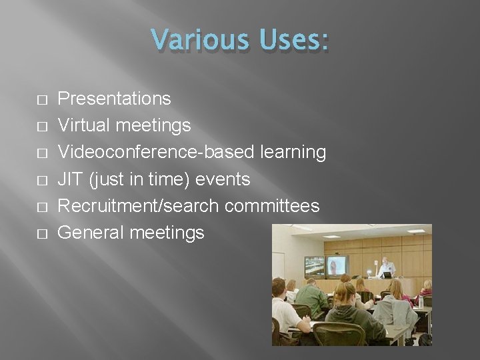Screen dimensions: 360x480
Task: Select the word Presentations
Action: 114,99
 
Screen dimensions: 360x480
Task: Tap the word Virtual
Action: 84,125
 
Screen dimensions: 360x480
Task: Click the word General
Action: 91,232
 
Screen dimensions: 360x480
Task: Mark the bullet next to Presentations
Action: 41,99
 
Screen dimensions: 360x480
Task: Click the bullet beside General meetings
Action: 41,233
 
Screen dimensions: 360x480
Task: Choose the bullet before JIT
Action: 41,179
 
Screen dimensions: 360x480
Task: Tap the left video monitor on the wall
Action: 314,267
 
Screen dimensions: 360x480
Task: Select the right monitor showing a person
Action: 337,266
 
